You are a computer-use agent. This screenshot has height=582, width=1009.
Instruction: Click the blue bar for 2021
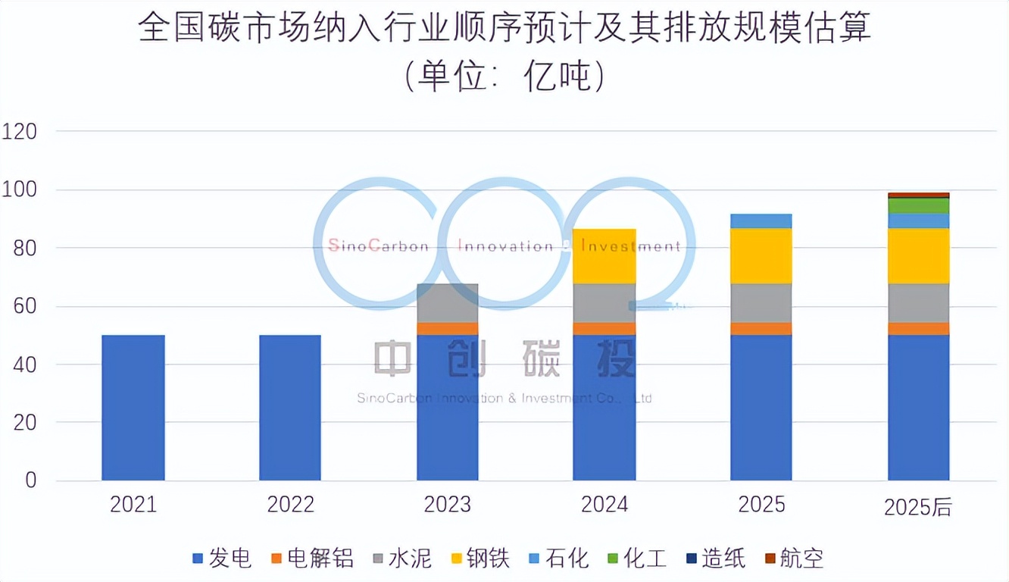(x=133, y=408)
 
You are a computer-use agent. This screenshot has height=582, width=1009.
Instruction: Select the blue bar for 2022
(x=290, y=408)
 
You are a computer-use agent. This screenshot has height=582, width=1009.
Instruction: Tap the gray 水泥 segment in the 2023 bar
(x=447, y=303)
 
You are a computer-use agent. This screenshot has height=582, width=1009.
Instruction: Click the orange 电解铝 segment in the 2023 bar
(x=447, y=329)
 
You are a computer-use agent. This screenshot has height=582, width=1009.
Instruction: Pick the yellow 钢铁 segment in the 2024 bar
(x=604, y=256)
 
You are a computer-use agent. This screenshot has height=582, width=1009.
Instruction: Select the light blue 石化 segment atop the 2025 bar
(x=761, y=221)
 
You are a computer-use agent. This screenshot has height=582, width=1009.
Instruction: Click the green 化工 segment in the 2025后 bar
(x=918, y=206)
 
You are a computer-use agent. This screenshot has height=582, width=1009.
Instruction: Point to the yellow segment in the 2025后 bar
(x=918, y=256)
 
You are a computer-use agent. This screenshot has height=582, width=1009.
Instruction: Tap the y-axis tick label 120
(x=19, y=132)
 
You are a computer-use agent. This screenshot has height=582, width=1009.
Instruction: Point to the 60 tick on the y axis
(x=25, y=306)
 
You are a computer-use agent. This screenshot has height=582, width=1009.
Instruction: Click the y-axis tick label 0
(x=30, y=480)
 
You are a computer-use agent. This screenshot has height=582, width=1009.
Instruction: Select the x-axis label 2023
(x=447, y=504)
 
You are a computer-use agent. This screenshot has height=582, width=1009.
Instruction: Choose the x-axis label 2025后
(x=918, y=507)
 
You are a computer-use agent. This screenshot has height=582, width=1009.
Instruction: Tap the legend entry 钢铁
(x=480, y=559)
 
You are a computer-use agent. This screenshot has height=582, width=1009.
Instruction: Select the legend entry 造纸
(x=716, y=559)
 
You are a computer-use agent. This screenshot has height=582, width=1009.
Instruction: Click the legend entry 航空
(x=795, y=559)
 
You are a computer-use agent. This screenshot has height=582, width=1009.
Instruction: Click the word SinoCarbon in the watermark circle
(x=379, y=246)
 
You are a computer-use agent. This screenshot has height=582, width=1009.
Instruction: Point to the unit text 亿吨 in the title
(x=558, y=76)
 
